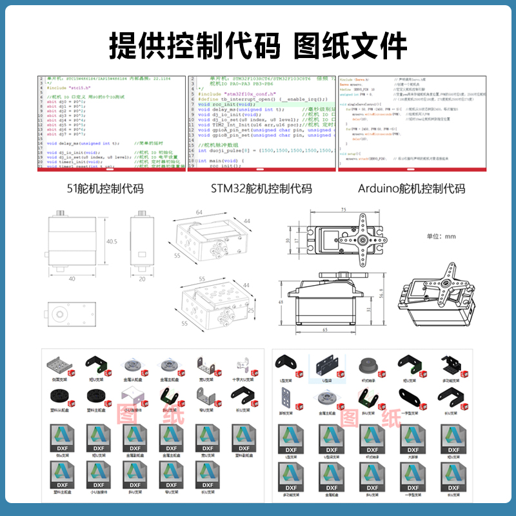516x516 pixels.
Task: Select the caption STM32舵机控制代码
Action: coord(261,189)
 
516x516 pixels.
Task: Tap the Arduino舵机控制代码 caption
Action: coord(411,189)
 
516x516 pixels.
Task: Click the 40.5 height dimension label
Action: coord(112,241)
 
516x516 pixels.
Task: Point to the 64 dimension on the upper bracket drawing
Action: coord(199,212)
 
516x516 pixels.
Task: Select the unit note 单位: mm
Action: coord(441,236)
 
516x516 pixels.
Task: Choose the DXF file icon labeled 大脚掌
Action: coord(411,438)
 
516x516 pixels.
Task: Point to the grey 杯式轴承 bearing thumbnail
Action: coord(369,365)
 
